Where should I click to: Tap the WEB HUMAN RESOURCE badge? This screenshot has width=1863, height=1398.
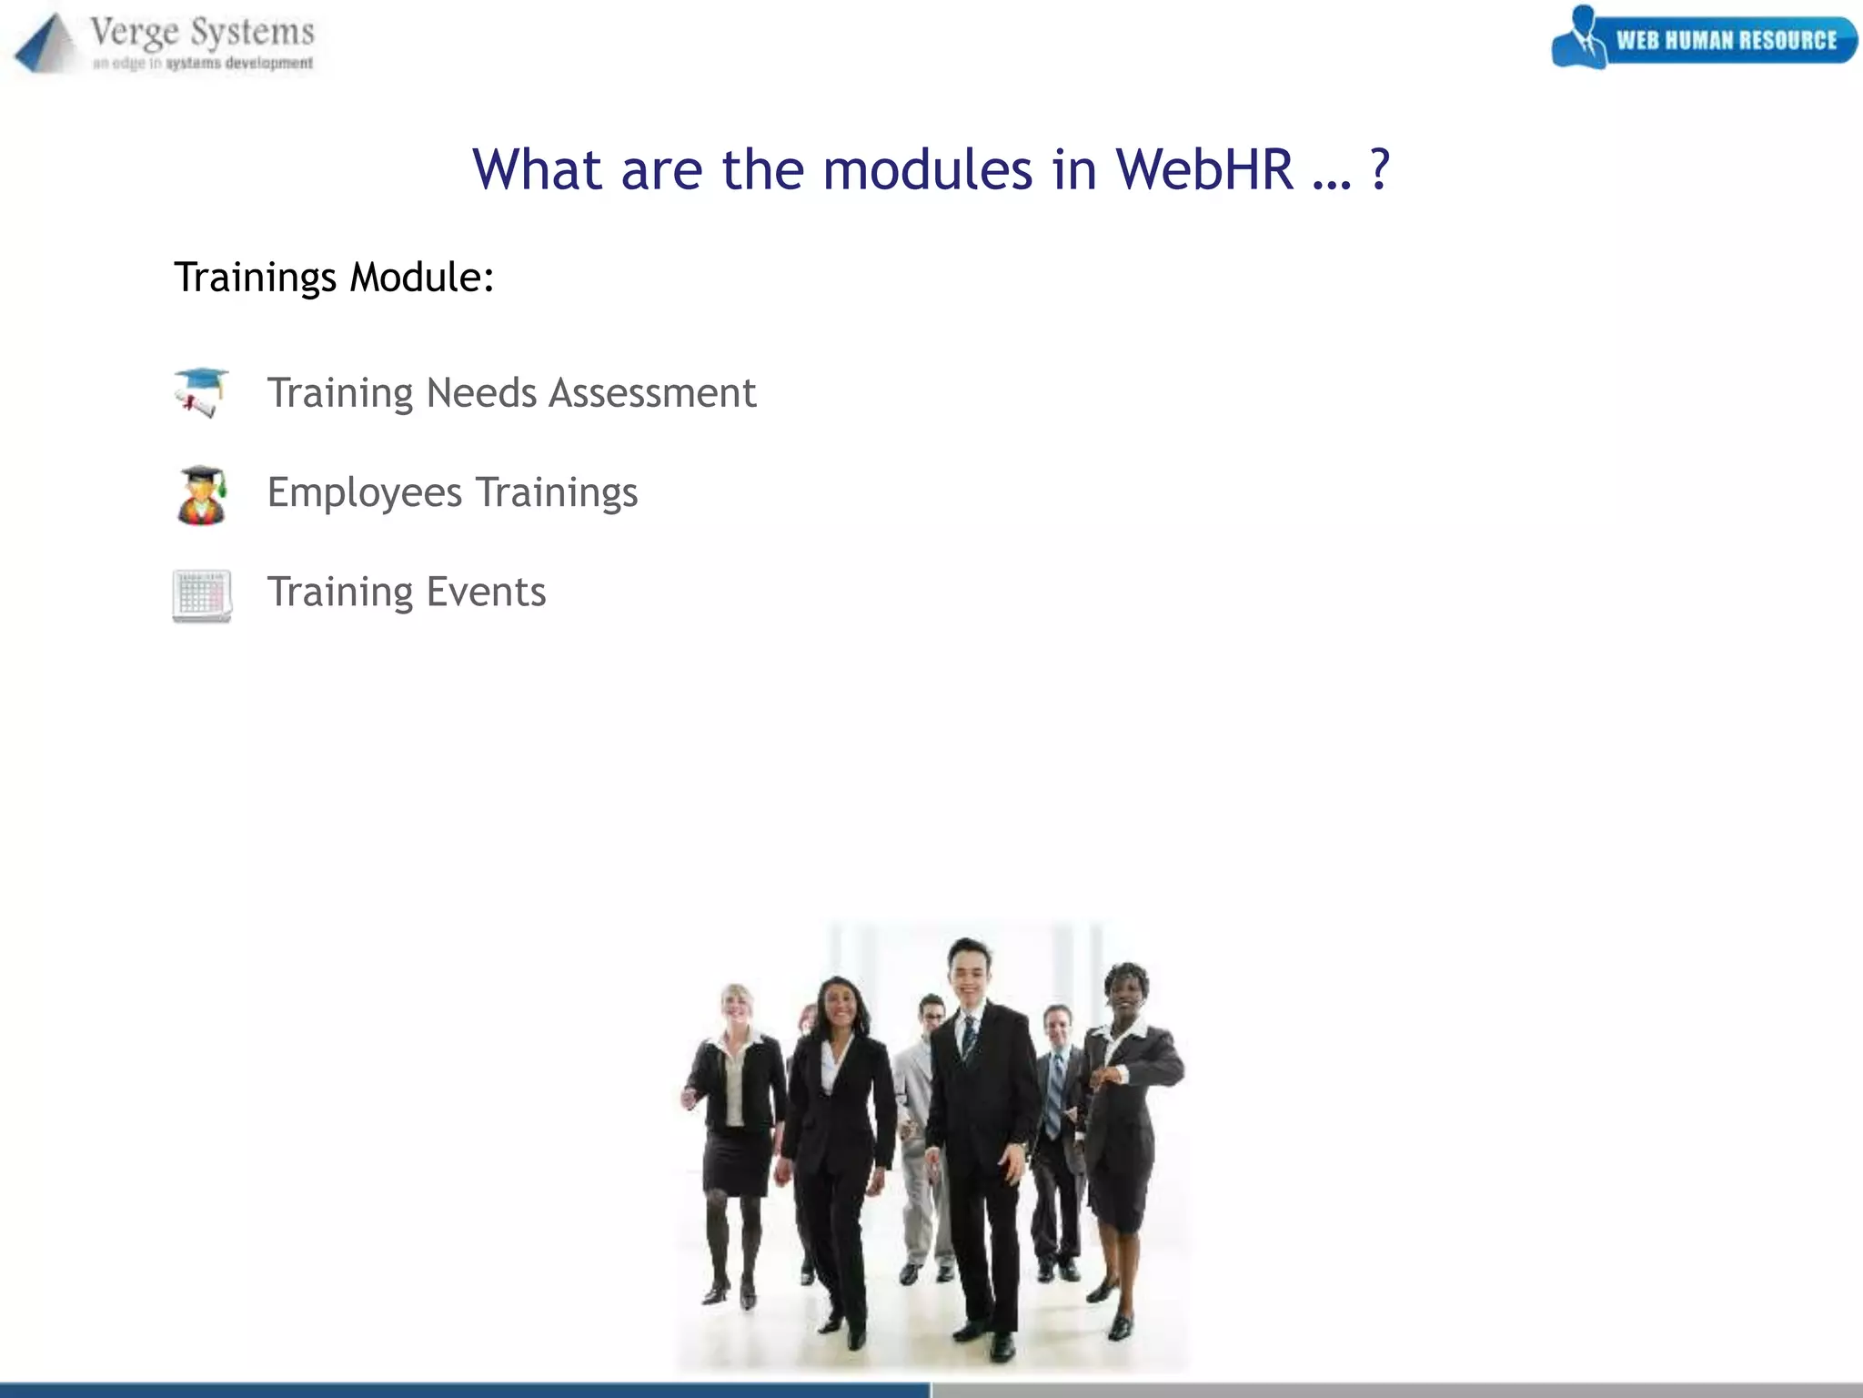pyautogui.click(x=1704, y=40)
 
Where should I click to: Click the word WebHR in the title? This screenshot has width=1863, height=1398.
pyautogui.click(x=1203, y=169)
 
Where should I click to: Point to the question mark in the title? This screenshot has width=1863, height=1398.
pyautogui.click(x=1379, y=169)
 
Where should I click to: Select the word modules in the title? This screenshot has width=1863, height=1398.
pyautogui.click(x=927, y=169)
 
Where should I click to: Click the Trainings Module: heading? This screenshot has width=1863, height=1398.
pyautogui.click(x=334, y=278)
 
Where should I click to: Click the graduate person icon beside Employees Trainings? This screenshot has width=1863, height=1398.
pyautogui.click(x=201, y=495)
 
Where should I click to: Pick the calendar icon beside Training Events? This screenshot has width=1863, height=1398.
pyautogui.click(x=202, y=596)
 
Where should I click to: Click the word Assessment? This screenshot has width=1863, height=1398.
pyautogui.click(x=652, y=393)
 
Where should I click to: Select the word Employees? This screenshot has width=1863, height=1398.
pyautogui.click(x=364, y=493)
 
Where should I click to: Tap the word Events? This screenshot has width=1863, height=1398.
pyautogui.click(x=486, y=593)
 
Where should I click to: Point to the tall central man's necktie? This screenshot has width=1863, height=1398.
pyautogui.click(x=970, y=1038)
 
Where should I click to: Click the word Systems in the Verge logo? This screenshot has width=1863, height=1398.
pyautogui.click(x=253, y=33)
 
